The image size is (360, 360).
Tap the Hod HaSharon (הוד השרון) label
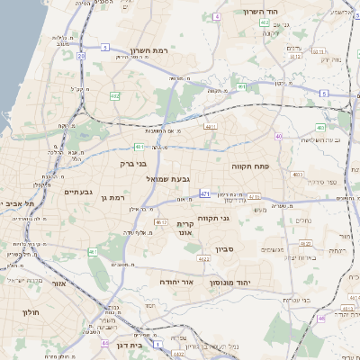[x=262, y=12]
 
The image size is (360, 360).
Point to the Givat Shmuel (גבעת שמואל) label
[x=167, y=178]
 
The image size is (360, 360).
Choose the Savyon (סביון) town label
[x=225, y=249]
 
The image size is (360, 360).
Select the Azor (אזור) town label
[x=60, y=282]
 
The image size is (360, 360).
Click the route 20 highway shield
[x=80, y=56]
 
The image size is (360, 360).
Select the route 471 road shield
[x=205, y=193]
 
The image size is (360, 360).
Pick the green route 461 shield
[x=93, y=251]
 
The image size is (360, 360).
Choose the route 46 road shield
[x=321, y=319]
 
